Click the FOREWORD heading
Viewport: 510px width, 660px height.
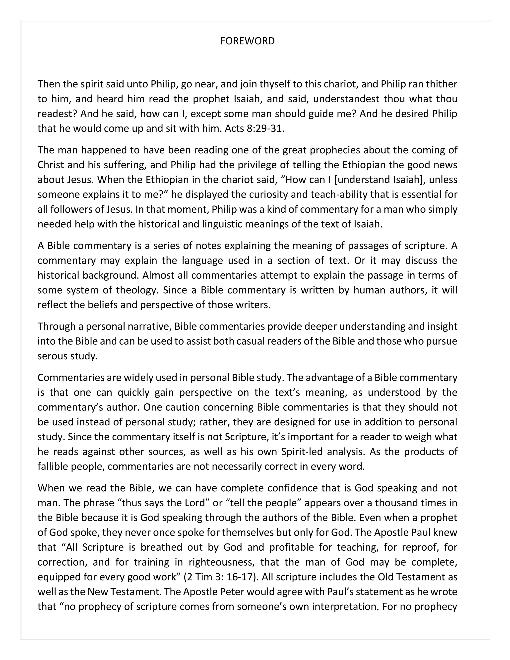[x=247, y=41]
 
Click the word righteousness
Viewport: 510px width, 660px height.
[x=222, y=562]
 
